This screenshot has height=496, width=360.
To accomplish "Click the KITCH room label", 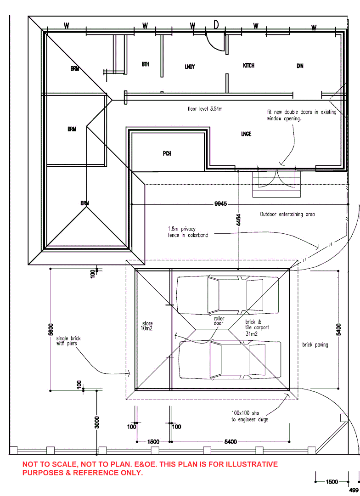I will [x=248, y=66].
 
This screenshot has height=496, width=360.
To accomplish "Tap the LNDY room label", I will [x=190, y=67].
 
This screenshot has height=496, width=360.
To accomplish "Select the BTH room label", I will [x=146, y=64].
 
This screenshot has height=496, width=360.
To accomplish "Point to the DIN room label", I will [x=300, y=66].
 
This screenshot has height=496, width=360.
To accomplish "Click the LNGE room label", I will [x=246, y=134].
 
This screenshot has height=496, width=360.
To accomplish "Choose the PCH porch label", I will [x=167, y=153].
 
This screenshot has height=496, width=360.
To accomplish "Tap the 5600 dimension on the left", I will [x=51, y=329].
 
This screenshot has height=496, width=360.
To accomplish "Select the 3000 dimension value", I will [x=97, y=422].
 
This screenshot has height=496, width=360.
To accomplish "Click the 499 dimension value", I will [x=354, y=490].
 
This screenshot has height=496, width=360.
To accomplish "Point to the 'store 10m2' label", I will [x=147, y=326].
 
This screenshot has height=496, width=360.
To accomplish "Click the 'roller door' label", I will [x=219, y=321].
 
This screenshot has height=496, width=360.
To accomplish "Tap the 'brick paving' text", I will [x=315, y=344].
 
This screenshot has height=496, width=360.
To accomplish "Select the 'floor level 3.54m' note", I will [x=205, y=109].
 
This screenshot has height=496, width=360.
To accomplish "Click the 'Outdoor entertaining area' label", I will [x=287, y=214].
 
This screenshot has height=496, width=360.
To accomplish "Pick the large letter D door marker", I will [x=216, y=25].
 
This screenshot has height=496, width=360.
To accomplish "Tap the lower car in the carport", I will [x=230, y=359].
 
